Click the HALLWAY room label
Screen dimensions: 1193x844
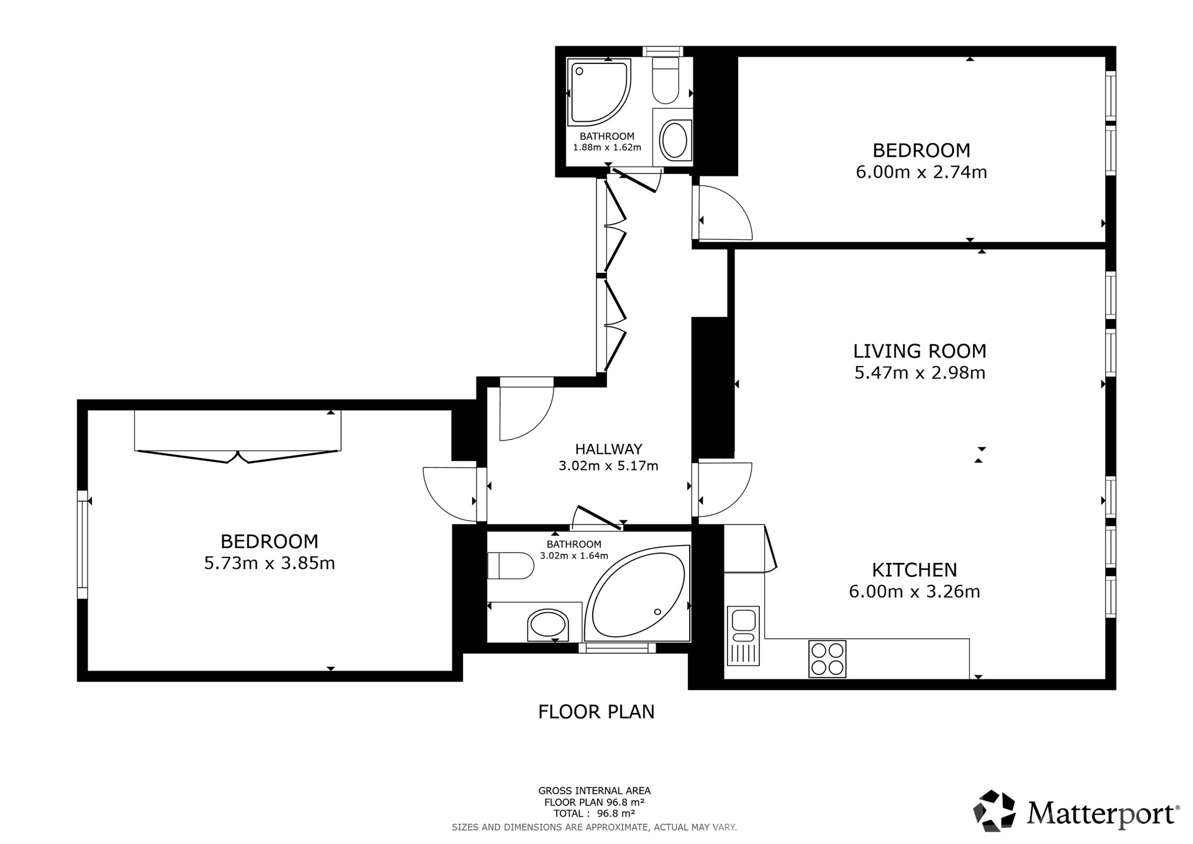(608, 449)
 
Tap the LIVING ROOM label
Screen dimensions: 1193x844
(920, 351)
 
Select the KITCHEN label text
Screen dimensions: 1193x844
(915, 570)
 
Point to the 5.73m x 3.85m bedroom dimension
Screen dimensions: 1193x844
(270, 563)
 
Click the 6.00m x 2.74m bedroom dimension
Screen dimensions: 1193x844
(921, 172)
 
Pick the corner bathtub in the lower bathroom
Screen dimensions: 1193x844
(638, 593)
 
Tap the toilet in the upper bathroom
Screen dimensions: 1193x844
(666, 81)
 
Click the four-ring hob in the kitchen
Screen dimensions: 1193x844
(827, 659)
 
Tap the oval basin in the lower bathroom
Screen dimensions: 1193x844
(547, 624)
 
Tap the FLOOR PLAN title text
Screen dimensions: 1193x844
(596, 712)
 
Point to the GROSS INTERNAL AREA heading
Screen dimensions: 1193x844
(595, 791)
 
